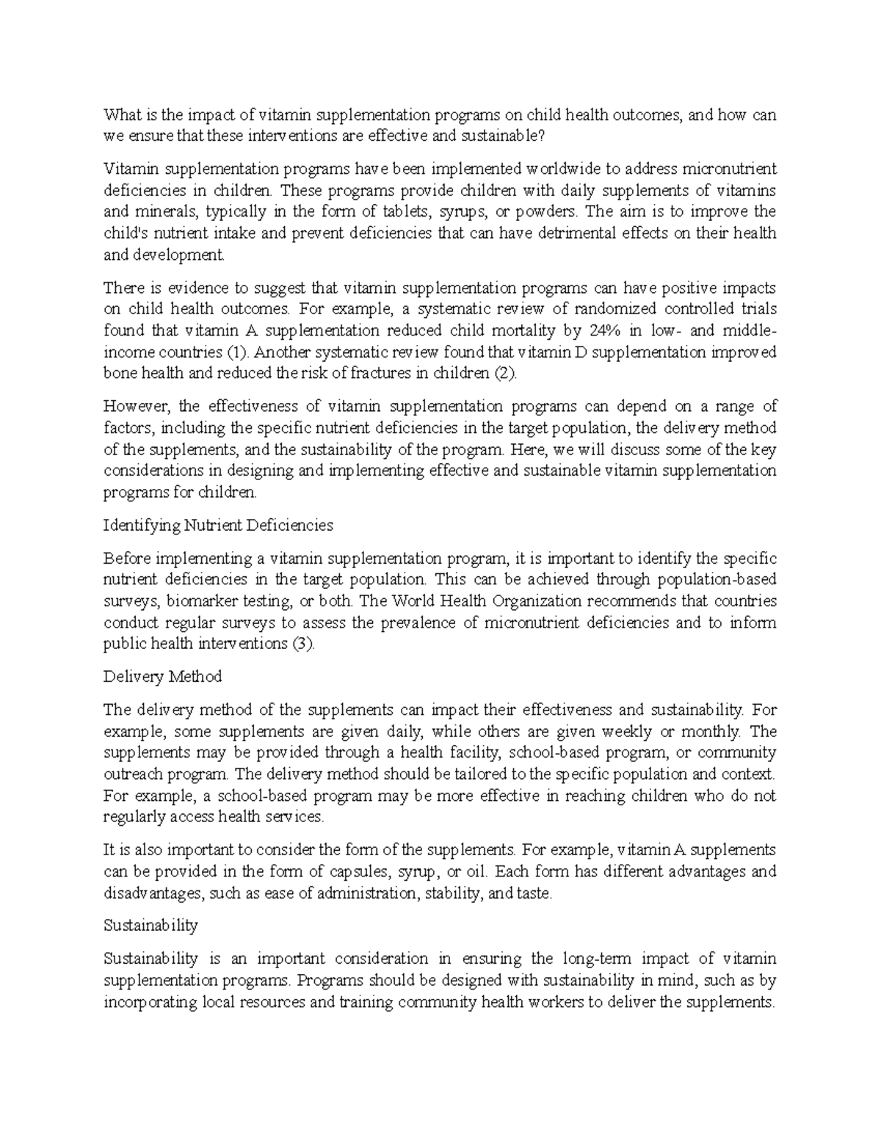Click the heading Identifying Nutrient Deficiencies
tap(219, 525)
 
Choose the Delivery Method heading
tap(163, 676)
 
